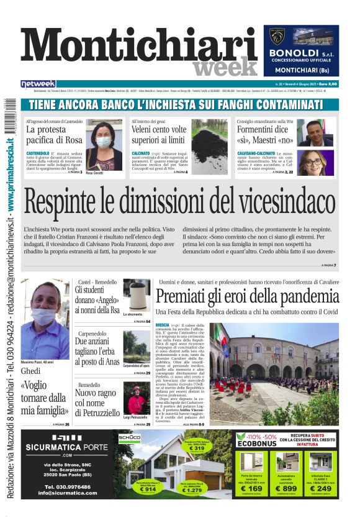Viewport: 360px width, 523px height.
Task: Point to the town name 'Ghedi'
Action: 30,371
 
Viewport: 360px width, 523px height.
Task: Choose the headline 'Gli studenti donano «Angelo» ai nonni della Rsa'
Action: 96,299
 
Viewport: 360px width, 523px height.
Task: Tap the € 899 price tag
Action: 286,488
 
